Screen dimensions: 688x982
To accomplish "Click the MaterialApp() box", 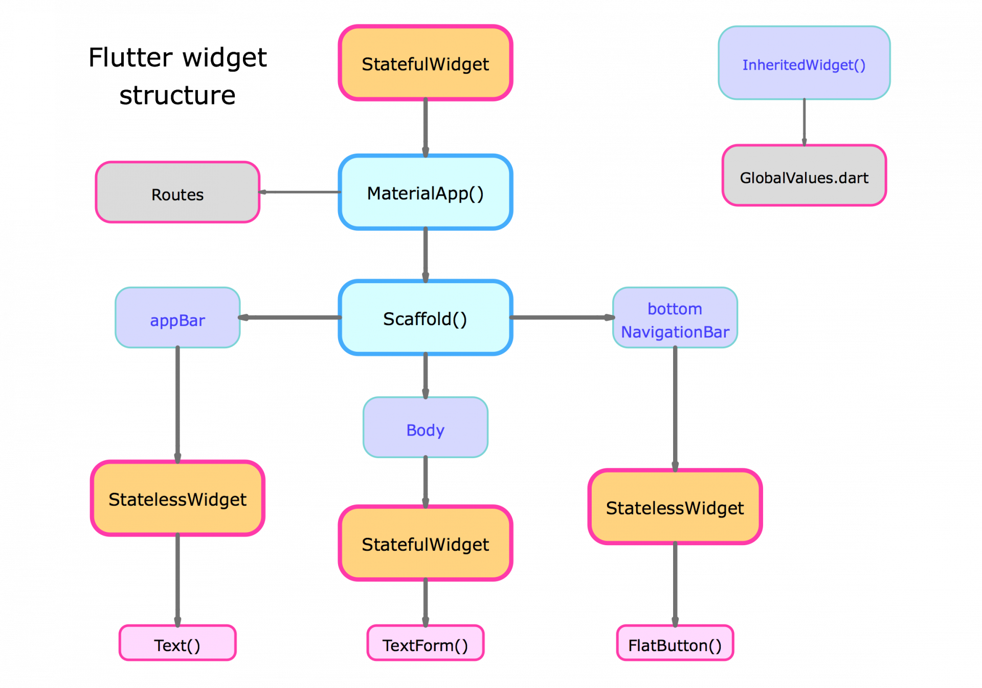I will [426, 192].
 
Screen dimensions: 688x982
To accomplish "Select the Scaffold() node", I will [426, 318].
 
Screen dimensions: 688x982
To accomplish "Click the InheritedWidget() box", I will [804, 63].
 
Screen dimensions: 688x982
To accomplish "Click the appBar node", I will [177, 318].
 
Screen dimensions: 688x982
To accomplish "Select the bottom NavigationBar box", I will [675, 318].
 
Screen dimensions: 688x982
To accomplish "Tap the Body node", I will [426, 427].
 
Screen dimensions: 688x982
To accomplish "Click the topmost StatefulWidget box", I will [426, 63].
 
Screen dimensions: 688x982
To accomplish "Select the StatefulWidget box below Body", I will [426, 543].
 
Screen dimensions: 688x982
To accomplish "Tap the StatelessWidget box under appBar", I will [177, 499].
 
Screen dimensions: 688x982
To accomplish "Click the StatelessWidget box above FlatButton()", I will [675, 507].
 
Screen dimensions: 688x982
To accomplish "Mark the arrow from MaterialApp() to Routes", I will [300, 192].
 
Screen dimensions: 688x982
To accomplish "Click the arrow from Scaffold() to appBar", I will [290, 318].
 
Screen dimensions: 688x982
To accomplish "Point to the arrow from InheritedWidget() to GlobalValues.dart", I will [804, 122].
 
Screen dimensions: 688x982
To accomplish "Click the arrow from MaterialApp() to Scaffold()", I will [426, 254].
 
